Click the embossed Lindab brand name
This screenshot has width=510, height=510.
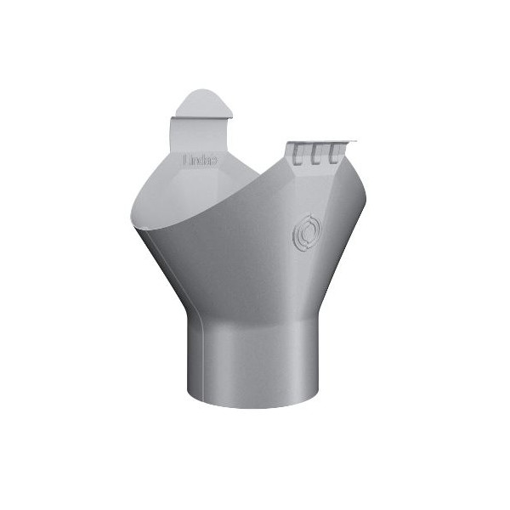point(201,159)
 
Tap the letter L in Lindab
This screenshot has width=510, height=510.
point(187,159)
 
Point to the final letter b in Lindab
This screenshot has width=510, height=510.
point(214,159)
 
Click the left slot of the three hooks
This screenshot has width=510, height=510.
point(299,153)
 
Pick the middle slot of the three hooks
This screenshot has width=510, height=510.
point(317,153)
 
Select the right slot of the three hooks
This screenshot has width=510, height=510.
point(335,152)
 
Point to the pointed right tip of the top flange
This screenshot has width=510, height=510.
point(354,142)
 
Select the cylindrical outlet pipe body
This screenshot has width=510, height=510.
point(255,357)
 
